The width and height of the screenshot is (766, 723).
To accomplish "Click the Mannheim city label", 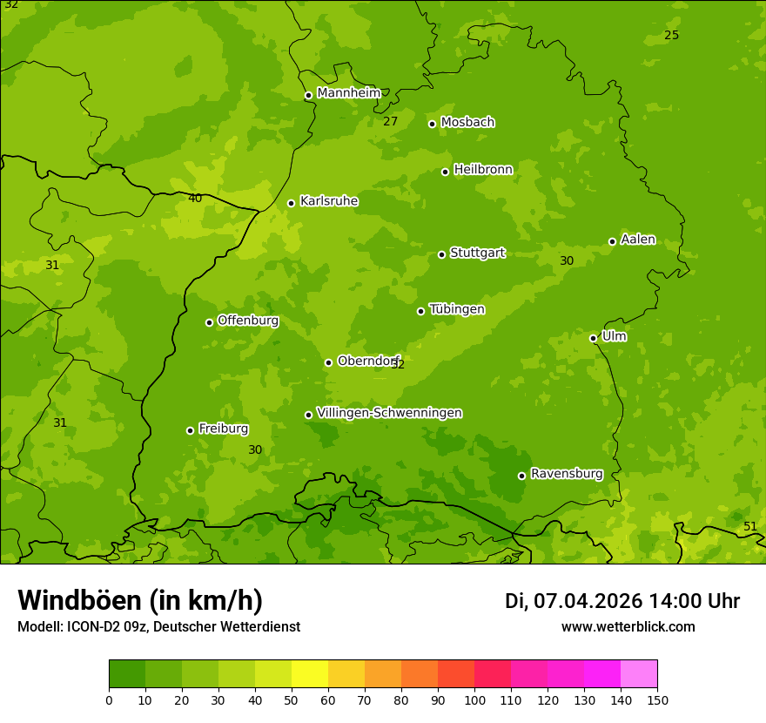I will pyautogui.click(x=348, y=93).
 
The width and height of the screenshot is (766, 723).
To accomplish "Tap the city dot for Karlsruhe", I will pyautogui.click(x=291, y=203).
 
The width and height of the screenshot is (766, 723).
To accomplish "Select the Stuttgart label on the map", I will pyautogui.click(x=477, y=253).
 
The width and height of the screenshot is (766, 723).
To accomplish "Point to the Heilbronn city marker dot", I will pyautogui.click(x=445, y=172).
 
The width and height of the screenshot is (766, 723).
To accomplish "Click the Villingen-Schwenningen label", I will pyautogui.click(x=389, y=413).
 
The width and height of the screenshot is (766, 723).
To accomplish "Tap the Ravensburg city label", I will pyautogui.click(x=567, y=474).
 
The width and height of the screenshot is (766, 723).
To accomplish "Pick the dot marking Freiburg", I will pyautogui.click(x=190, y=430).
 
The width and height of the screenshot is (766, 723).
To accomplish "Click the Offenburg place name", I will pyautogui.click(x=248, y=321).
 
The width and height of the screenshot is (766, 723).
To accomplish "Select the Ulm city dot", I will pyautogui.click(x=593, y=338).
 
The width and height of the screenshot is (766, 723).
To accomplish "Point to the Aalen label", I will pyautogui.click(x=638, y=240).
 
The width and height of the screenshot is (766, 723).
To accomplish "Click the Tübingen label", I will pyautogui.click(x=457, y=309).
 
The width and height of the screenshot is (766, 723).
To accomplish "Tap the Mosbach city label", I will pyautogui.click(x=467, y=123).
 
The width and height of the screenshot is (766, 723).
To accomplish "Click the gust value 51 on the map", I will pyautogui.click(x=749, y=527).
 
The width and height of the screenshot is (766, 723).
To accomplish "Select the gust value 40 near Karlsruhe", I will pyautogui.click(x=195, y=199).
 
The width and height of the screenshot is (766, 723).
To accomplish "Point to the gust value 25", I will pyautogui.click(x=671, y=36).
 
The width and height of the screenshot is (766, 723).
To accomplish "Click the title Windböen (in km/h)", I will pyautogui.click(x=140, y=601).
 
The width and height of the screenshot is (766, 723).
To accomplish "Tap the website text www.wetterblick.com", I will pyautogui.click(x=628, y=627).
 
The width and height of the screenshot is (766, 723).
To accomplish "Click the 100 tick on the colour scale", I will pyautogui.click(x=474, y=699).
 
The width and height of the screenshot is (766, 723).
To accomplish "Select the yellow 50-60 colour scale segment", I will pyautogui.click(x=310, y=674).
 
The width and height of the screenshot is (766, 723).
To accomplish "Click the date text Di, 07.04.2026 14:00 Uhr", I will pyautogui.click(x=622, y=601).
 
